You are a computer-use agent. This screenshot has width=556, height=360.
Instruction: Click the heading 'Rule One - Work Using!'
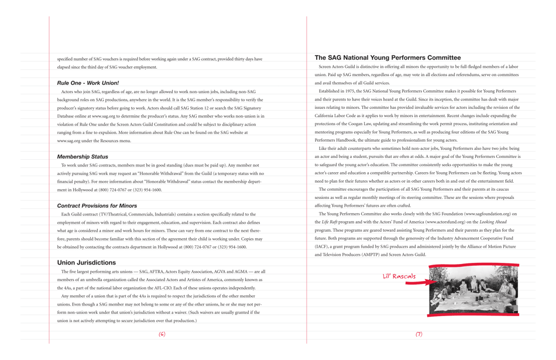click(x=88, y=83)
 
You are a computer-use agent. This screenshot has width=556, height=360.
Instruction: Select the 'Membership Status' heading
click(x=83, y=157)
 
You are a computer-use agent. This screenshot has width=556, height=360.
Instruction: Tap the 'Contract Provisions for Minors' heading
click(x=97, y=206)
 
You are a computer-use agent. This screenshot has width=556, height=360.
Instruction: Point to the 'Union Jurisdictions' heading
click(x=87, y=263)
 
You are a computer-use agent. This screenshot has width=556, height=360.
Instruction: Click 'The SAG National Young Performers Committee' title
click(x=387, y=58)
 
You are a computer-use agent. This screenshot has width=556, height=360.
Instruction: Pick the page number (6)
click(x=162, y=334)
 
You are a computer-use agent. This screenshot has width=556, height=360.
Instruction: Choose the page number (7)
click(x=419, y=334)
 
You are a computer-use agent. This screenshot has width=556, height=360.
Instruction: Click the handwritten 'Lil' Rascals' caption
click(x=399, y=276)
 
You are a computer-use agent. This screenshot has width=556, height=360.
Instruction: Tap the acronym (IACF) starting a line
click(x=322, y=247)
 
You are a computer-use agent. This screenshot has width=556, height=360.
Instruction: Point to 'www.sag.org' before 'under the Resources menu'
click(x=68, y=141)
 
